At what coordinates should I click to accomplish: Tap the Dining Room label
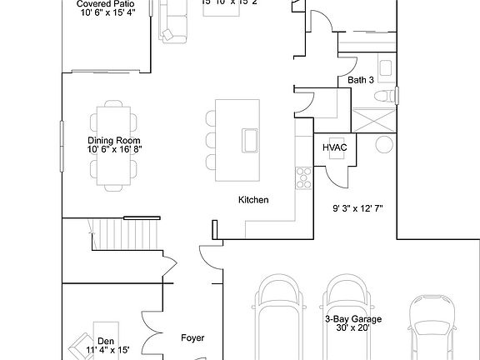(x=113, y=141)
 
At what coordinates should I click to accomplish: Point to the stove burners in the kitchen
(x=302, y=176)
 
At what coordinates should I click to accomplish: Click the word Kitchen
(x=253, y=200)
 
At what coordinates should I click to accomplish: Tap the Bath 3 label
(x=362, y=80)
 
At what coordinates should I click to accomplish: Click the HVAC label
(x=334, y=147)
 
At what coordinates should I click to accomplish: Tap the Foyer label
(x=193, y=338)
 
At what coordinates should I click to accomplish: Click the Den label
(x=106, y=341)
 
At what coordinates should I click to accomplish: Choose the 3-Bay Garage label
(x=353, y=319)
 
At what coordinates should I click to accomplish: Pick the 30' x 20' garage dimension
(x=353, y=328)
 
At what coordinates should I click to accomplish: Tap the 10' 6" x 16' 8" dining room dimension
(x=113, y=150)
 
